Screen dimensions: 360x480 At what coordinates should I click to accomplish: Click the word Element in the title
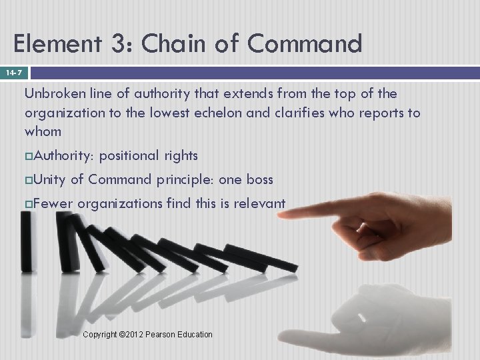click(x=55, y=45)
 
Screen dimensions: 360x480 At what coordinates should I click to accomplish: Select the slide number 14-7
click(x=14, y=71)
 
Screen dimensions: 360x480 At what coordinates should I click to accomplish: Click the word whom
click(x=43, y=131)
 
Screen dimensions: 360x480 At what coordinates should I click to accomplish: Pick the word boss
click(x=260, y=179)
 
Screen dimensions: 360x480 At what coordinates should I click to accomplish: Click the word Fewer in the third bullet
click(x=53, y=203)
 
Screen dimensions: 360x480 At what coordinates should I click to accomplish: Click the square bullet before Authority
click(x=29, y=156)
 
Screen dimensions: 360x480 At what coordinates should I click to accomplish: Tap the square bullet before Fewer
click(x=29, y=203)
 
